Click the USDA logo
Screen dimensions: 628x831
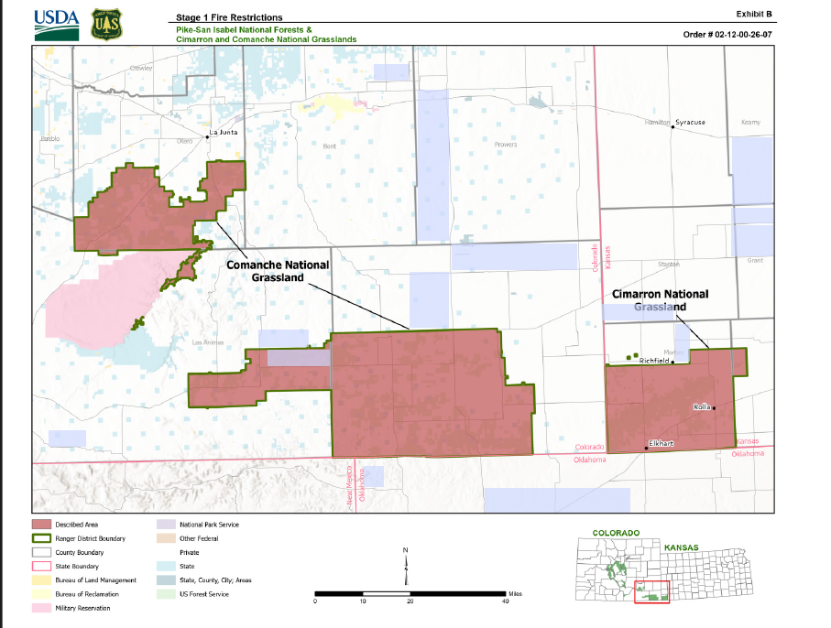coord(57,24)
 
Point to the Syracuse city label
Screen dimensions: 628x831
coord(690,122)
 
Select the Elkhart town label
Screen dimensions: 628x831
coord(661,443)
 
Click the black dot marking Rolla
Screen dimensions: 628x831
coord(714,407)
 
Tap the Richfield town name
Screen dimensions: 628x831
coord(654,362)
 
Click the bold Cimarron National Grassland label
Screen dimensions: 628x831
coord(660,300)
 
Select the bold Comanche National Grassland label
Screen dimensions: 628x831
coord(278,270)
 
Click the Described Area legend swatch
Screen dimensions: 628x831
coord(44,525)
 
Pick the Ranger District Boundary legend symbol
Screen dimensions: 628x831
coord(44,538)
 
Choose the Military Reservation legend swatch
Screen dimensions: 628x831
coord(44,607)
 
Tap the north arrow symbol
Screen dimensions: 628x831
coord(406,566)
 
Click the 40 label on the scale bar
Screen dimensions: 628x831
coord(505,601)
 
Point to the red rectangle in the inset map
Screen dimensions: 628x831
coord(652,591)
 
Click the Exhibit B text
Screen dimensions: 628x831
coord(755,14)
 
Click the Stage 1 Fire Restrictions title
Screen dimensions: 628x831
coord(229,17)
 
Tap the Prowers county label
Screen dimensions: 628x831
coord(506,145)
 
